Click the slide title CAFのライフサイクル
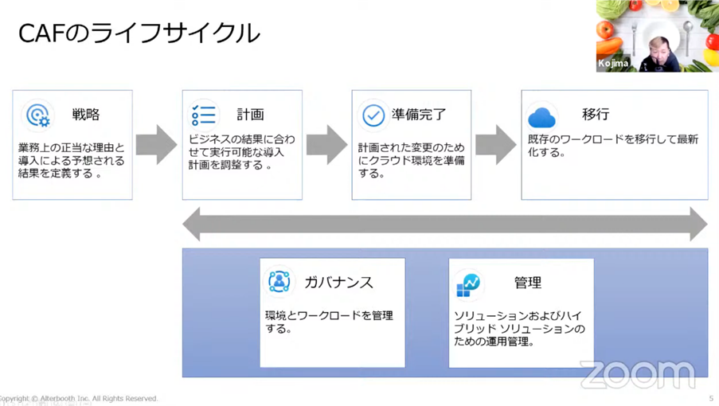point(139,33)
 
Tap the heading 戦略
point(86,114)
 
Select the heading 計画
point(250,114)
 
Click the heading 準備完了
point(419,114)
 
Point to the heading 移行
point(596,114)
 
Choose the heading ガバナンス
point(339,283)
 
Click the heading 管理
point(528,283)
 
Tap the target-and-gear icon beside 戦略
point(38,115)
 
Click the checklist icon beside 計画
point(204,115)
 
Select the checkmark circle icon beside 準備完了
point(373,115)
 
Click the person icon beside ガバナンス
point(279,281)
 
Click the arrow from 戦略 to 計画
point(156,145)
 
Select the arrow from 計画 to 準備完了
point(326,145)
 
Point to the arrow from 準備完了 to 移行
point(496,145)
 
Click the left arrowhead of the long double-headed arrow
point(192,224)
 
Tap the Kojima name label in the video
point(612,63)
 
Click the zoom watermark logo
point(638,374)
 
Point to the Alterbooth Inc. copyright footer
point(79,399)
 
